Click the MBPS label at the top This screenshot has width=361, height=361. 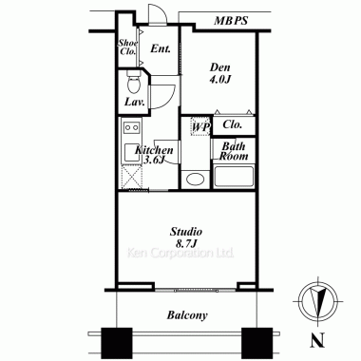[x=231, y=21]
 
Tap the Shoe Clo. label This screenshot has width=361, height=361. [x=128, y=47]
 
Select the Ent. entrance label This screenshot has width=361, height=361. [x=161, y=48]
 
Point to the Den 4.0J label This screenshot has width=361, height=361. [x=219, y=73]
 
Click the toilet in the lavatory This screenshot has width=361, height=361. [x=133, y=82]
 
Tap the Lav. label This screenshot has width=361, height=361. [x=135, y=102]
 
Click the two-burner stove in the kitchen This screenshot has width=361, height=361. [x=132, y=127]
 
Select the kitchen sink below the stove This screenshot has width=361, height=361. [x=132, y=153]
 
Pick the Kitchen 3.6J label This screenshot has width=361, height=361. [x=154, y=155]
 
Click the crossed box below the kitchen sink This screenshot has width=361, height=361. [x=132, y=177]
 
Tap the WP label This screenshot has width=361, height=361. [x=200, y=127]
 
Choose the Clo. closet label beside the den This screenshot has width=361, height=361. [x=233, y=124]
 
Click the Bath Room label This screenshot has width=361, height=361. [x=234, y=151]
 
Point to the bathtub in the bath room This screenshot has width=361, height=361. [x=234, y=176]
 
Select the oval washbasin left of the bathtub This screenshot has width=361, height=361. [x=195, y=180]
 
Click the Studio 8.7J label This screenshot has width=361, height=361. [x=186, y=237]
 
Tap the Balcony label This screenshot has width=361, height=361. [x=187, y=315]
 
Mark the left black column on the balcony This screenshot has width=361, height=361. [x=117, y=339]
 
